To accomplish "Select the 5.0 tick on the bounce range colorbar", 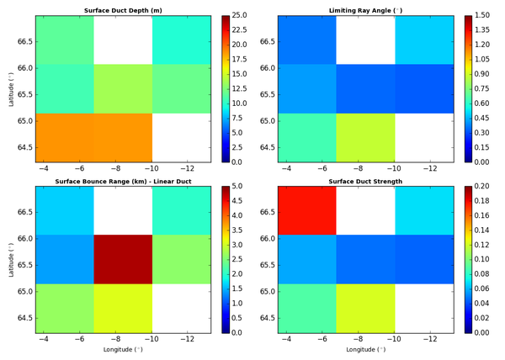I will pyautogui.click(x=242, y=187).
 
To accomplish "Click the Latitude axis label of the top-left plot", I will pyautogui.click(x=10, y=88).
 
